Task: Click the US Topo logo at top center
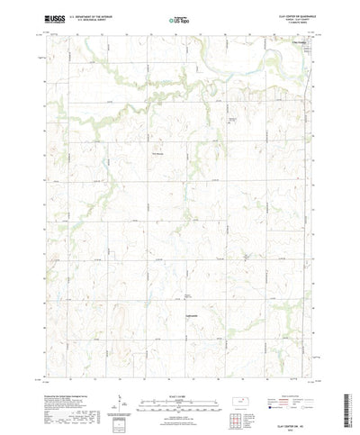click(179, 17)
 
